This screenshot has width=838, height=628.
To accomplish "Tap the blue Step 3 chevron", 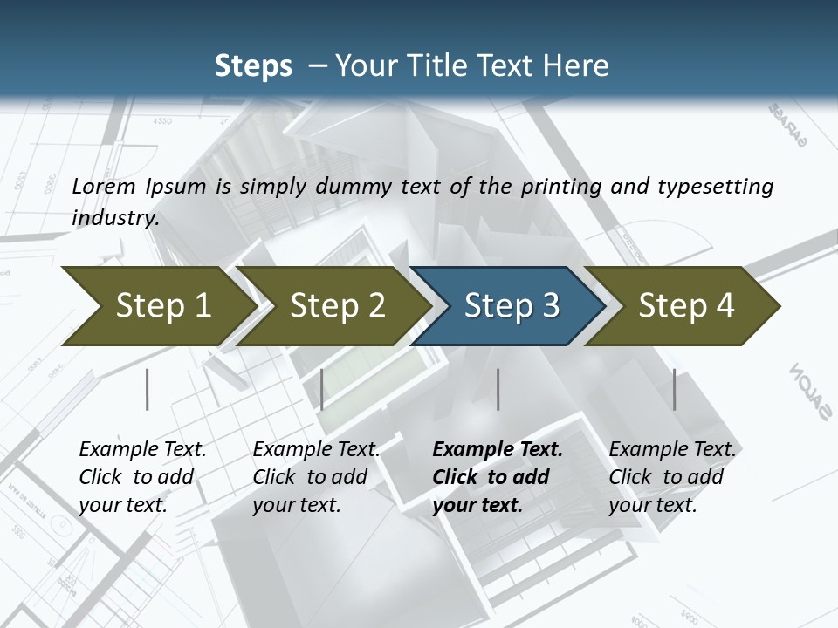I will (x=511, y=306).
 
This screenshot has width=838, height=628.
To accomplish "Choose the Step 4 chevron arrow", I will (x=685, y=306).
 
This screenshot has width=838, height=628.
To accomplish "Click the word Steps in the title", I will (x=253, y=65).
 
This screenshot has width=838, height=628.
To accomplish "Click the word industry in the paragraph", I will (x=115, y=218).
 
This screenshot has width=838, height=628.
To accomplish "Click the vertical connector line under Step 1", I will (x=148, y=389).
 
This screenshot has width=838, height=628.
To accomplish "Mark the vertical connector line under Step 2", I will (x=322, y=389).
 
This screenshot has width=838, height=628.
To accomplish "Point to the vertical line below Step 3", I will (x=498, y=389).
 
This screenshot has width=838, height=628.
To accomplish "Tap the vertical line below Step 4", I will (x=675, y=389).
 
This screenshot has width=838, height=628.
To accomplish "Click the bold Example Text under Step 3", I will (x=498, y=450).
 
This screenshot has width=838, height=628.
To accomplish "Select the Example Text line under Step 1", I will (x=142, y=450).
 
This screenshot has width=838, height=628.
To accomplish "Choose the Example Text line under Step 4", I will (x=672, y=450).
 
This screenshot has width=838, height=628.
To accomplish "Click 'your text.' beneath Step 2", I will (x=297, y=505).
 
